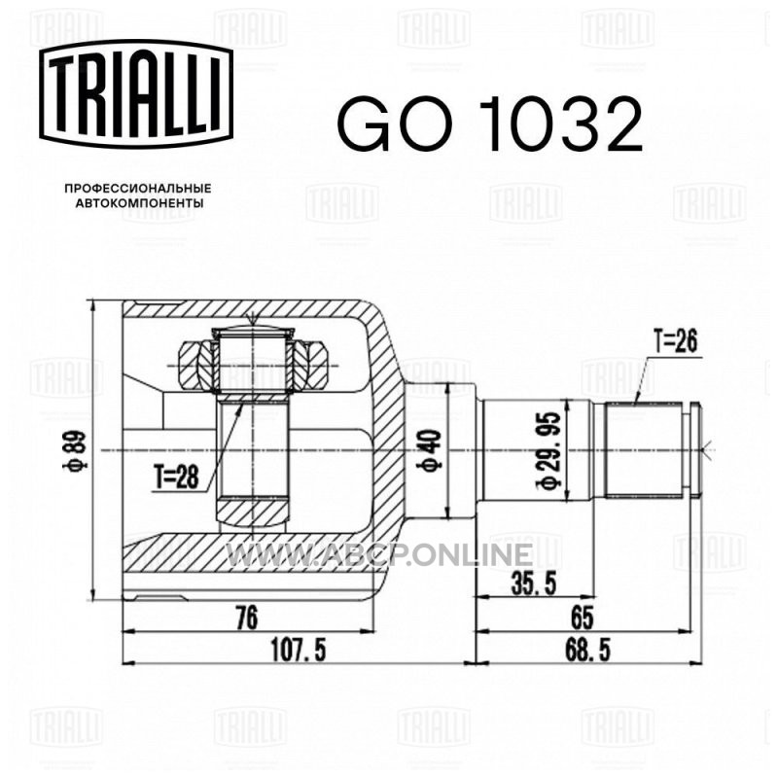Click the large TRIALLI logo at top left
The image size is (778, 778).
(136, 94)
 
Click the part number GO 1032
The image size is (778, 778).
(490, 124)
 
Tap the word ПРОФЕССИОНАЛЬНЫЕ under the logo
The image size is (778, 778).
(138, 189)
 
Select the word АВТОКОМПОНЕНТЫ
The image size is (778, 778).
(139, 203)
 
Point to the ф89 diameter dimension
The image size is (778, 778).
(79, 450)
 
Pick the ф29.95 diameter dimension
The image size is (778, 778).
(549, 449)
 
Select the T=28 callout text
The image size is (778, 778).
(176, 477)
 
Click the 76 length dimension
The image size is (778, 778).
(247, 619)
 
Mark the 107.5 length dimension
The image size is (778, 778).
(299, 650)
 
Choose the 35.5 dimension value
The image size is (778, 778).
(534, 583)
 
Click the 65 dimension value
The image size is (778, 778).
(582, 619)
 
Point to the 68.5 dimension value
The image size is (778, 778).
(587, 650)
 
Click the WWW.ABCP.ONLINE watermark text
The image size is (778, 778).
(379, 554)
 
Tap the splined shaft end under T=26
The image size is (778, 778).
(644, 450)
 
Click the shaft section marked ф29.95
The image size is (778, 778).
(539, 450)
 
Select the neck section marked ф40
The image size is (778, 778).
(441, 450)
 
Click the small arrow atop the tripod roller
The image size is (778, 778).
(253, 320)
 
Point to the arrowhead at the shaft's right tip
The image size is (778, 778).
(710, 450)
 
